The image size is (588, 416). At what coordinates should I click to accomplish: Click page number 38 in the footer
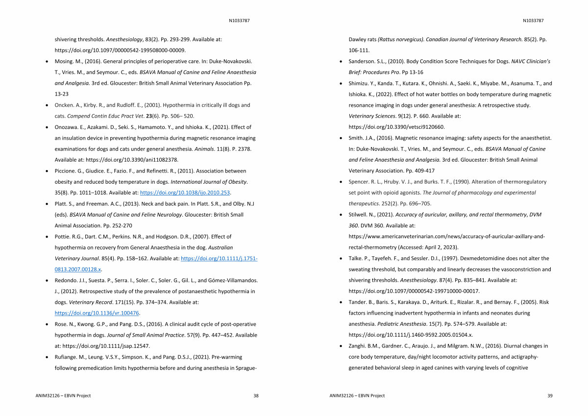pos(256,395)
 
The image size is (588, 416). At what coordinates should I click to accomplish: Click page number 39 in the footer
pos(549,395)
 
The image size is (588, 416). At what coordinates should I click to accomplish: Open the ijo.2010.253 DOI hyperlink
pos(186,193)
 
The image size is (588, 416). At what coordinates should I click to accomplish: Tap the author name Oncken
pos(65,105)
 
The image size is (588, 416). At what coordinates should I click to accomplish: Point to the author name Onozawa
pos(67,127)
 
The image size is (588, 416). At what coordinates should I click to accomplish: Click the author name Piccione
pos(66,171)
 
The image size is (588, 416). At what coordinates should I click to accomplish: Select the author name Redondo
pos(67,280)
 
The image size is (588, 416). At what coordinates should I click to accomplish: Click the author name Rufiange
pos(67,357)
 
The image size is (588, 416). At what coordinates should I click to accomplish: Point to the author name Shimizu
pos(360,83)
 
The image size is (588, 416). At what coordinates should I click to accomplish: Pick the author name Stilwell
pos(359,215)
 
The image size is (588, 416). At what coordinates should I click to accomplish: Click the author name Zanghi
pos(358,346)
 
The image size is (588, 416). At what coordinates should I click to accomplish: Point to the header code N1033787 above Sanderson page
pos(533,21)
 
